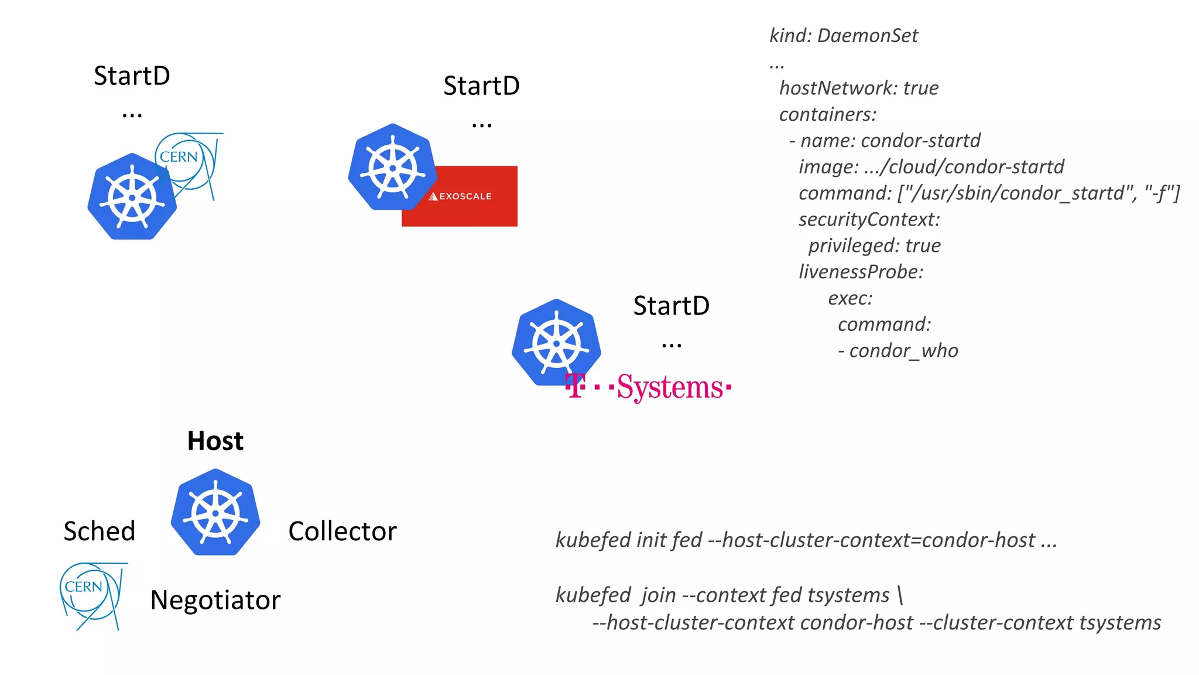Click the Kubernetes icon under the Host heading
[x=215, y=512]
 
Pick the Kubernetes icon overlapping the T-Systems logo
[x=555, y=342]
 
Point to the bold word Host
[x=215, y=441]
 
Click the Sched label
[x=100, y=531]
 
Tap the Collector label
[x=342, y=531]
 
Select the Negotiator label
[x=215, y=600]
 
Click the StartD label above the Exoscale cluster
[x=481, y=86]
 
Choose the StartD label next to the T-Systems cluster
[x=671, y=306]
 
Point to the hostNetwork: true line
[x=858, y=88]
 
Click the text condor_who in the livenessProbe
[x=903, y=351]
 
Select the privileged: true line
[x=874, y=246]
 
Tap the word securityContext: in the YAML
[x=869, y=220]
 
